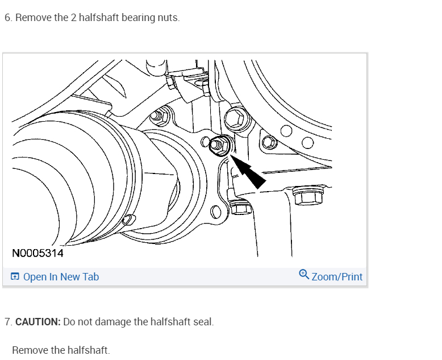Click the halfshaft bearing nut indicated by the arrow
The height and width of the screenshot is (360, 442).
219,146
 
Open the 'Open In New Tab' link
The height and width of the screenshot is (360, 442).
61,277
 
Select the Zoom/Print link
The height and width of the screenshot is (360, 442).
337,277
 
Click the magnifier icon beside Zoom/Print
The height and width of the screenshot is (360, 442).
304,275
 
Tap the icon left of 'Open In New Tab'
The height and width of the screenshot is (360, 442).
15,277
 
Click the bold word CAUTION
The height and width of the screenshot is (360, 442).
38,322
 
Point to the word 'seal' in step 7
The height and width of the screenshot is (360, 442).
202,322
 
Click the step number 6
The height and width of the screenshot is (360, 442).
7,18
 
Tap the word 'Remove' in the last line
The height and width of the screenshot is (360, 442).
30,350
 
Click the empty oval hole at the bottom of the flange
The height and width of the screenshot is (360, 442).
216,213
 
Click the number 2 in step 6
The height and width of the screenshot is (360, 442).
61,18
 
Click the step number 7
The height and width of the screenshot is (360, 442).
7,322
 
